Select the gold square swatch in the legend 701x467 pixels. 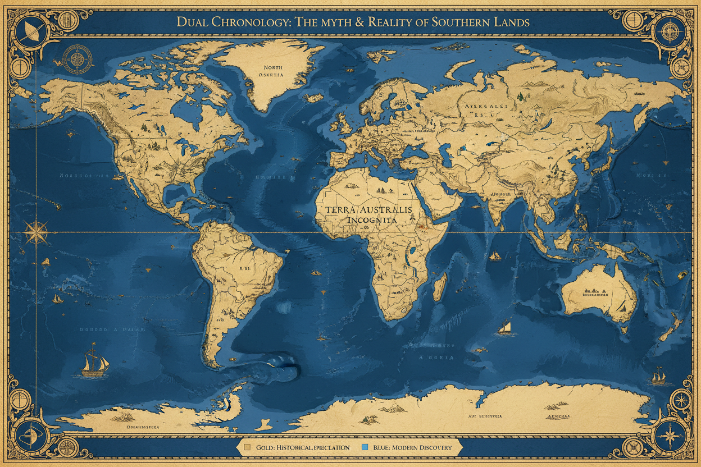pos(247,447)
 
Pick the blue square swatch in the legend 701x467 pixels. pos(365,447)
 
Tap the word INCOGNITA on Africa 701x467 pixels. pos(372,221)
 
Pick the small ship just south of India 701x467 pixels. pos(495,256)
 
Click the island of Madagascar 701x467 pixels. pos(441,285)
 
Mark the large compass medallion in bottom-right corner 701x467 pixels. pos(671,436)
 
